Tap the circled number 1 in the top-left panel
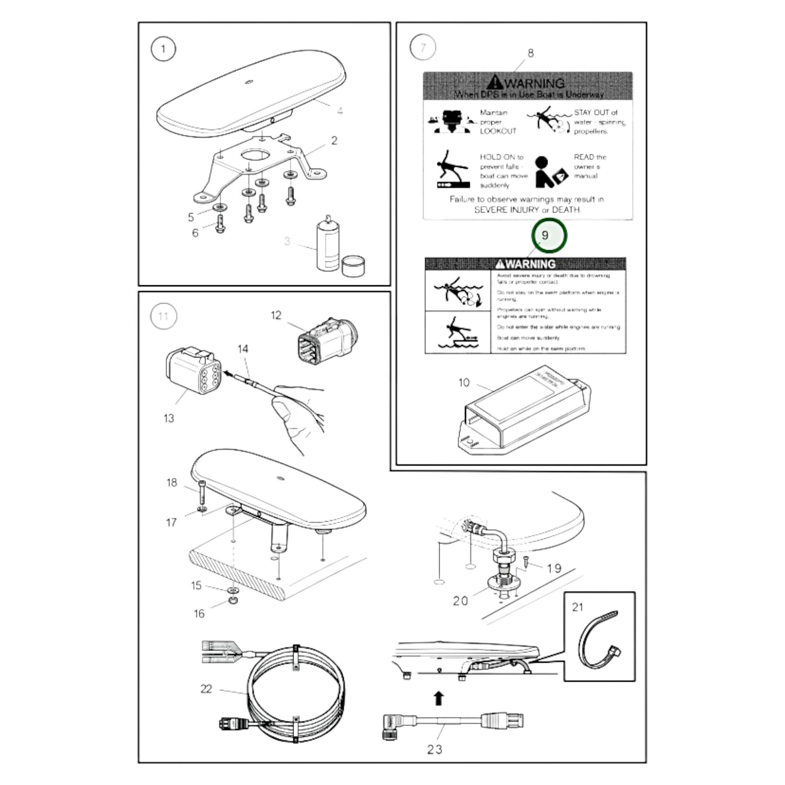[x=163, y=49]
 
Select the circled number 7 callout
[x=423, y=48]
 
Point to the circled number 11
[x=163, y=316]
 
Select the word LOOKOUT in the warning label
[x=498, y=131]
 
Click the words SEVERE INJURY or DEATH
[x=527, y=210]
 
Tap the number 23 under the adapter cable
[x=435, y=749]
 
